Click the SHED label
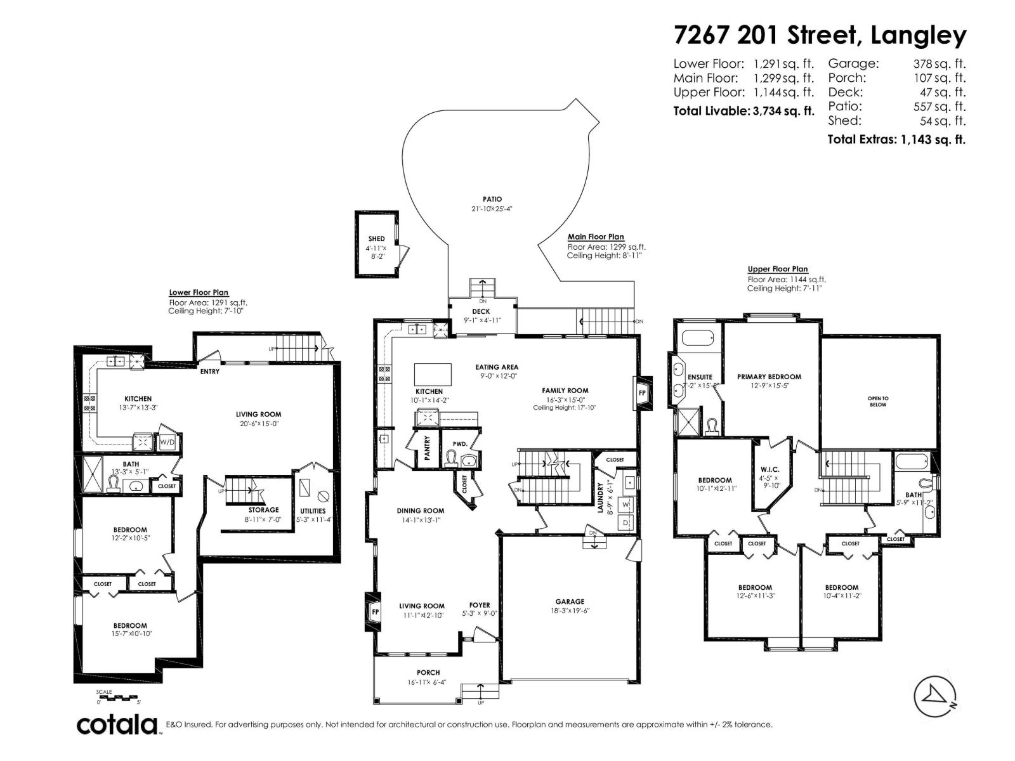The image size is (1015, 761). click(x=376, y=239)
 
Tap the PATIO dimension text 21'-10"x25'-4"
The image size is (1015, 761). click(x=492, y=208)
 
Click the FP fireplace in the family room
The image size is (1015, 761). click(x=642, y=393)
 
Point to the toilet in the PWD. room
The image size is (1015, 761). click(x=452, y=459)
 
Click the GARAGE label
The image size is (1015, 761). click(x=570, y=601)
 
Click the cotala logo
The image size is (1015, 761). click(x=117, y=724)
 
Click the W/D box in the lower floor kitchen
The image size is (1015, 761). click(x=167, y=442)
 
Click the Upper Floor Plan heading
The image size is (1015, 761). click(x=778, y=269)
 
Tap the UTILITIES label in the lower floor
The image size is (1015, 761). click(x=313, y=511)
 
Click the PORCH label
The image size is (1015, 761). click(x=428, y=672)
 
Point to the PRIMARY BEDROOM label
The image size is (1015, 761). click(x=769, y=377)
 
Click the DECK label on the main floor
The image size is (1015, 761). click(x=481, y=311)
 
